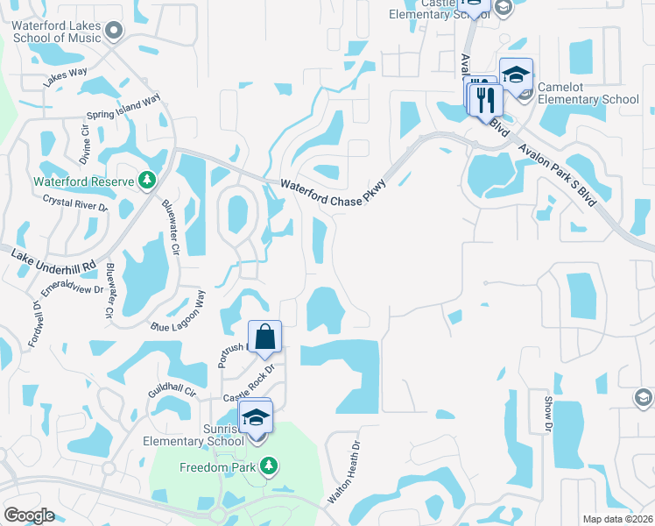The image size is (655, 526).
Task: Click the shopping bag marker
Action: coord(265,337)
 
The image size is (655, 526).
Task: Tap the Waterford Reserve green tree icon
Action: coord(148,181)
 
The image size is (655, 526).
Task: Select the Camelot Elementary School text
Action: coord(588,94)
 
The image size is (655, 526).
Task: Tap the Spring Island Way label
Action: coord(123,108)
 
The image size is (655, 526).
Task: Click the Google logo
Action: coord(29,515)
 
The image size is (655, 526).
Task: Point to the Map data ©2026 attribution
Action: coord(616,519)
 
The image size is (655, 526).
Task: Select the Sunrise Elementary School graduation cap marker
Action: coord(256,416)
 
